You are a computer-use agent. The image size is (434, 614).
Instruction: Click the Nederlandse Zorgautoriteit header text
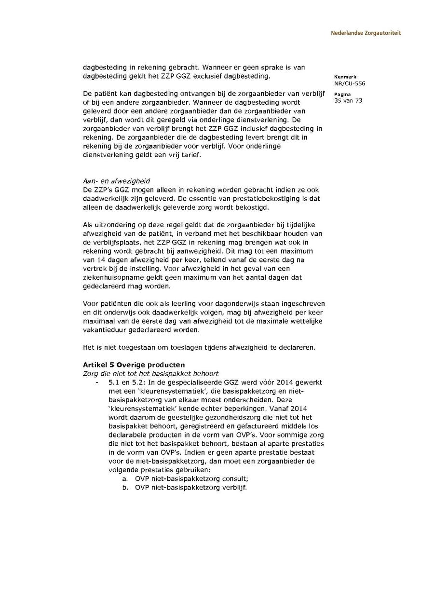366,33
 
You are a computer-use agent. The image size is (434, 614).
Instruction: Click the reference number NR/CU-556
349,83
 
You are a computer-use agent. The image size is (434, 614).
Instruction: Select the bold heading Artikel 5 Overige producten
134,365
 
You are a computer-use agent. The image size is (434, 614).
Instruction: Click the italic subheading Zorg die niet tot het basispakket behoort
150,373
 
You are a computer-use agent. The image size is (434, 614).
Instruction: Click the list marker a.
125,478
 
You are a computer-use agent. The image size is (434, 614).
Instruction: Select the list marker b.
125,487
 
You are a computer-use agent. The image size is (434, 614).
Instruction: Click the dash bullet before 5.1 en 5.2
98,382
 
